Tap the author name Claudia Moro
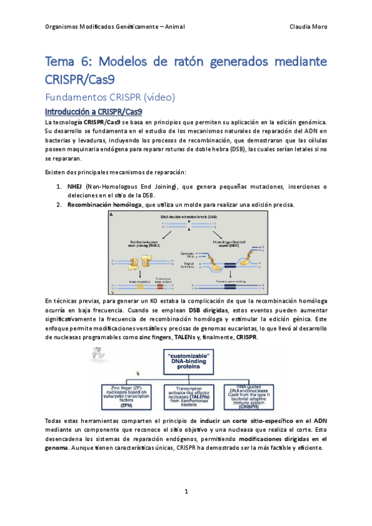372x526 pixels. point(308,27)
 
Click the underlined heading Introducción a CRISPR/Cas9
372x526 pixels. point(94,112)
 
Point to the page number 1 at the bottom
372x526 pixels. point(186,491)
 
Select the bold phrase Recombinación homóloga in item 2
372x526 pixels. point(104,205)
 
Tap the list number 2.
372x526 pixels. point(59,205)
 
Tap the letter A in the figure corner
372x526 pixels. point(111,215)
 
